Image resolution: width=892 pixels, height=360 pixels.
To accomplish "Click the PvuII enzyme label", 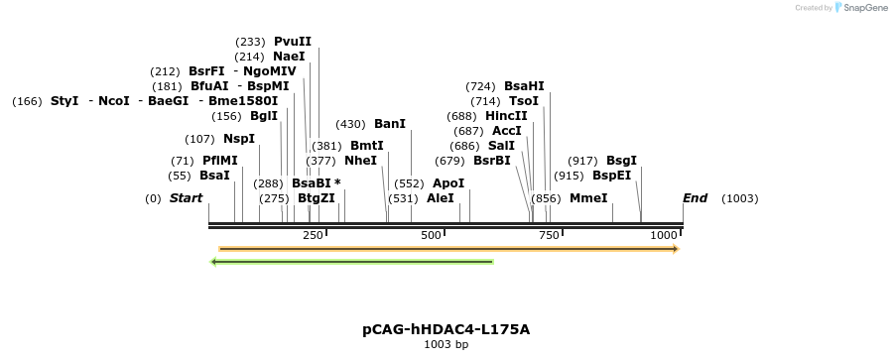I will tap(293, 42).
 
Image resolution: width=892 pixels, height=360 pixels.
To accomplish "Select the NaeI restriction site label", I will tap(289, 57).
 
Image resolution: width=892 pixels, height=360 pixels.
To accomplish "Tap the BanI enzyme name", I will tap(390, 124).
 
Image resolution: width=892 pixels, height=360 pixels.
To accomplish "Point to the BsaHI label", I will tap(524, 86).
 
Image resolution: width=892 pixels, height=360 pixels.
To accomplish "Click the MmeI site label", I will tap(588, 198).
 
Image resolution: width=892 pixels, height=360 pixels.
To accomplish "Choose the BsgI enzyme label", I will tap(621, 161).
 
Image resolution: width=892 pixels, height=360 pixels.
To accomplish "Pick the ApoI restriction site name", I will tap(448, 183).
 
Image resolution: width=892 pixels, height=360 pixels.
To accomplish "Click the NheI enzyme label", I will tap(361, 161).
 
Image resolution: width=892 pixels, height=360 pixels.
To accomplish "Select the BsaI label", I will tap(214, 176).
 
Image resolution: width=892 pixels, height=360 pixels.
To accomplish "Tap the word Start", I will tap(186, 198).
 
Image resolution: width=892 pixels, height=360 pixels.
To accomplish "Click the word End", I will tap(695, 198).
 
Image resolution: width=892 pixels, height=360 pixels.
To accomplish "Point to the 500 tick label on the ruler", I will tap(431, 235).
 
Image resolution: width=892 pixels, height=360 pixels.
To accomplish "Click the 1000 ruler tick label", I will tap(664, 235).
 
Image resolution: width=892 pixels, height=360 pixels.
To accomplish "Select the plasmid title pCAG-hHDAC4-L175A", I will tap(446, 329).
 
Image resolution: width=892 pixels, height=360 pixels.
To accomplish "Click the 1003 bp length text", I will tap(446, 345).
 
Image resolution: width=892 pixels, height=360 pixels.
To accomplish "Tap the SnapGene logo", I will tap(860, 8).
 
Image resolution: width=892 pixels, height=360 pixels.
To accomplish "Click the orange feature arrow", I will tap(447, 249).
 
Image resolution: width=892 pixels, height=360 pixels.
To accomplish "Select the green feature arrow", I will tap(352, 262).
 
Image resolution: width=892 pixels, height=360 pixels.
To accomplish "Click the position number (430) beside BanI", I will tap(350, 124).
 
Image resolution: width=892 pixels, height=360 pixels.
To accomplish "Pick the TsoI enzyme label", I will tap(524, 101).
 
